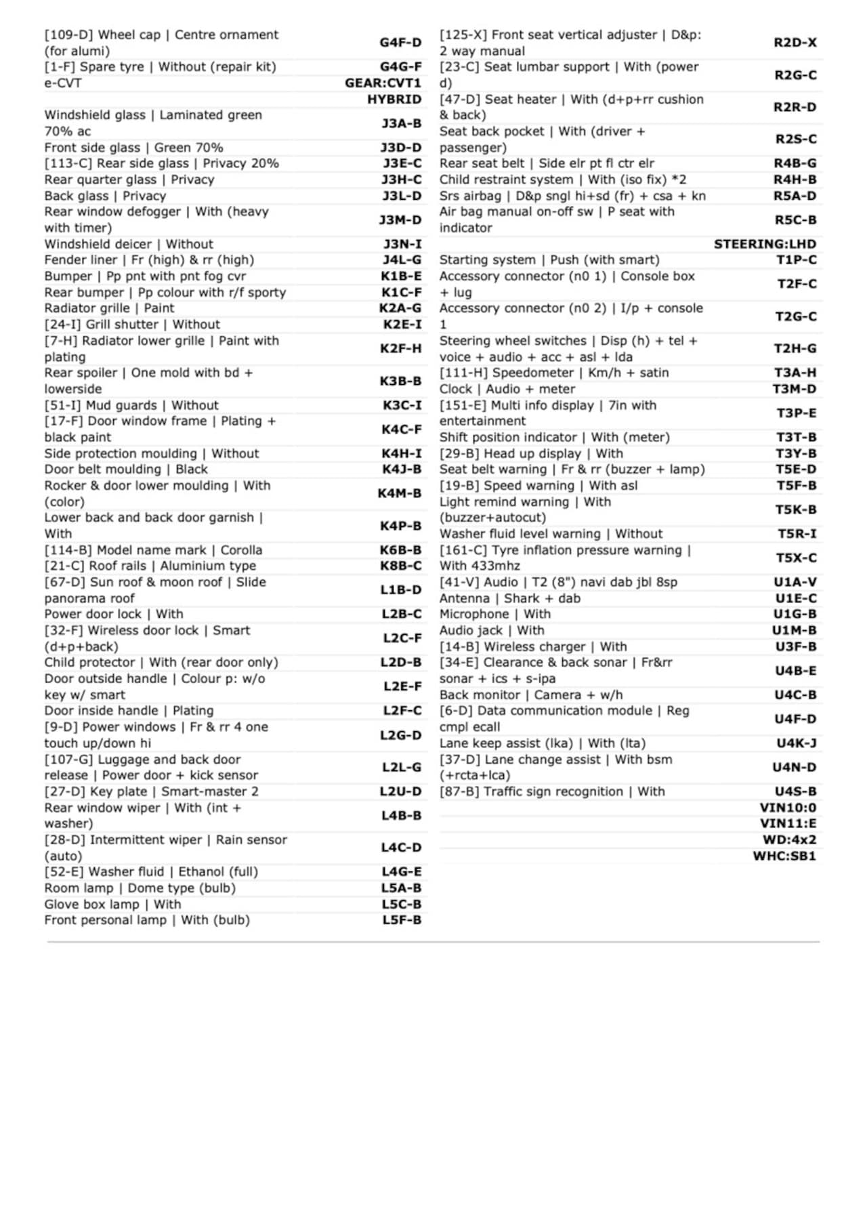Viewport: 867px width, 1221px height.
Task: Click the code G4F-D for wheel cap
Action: (400, 43)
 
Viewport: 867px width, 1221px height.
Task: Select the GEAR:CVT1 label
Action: (383, 83)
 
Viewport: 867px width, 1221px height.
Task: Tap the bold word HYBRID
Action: (394, 100)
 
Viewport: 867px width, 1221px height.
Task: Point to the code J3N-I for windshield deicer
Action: (402, 244)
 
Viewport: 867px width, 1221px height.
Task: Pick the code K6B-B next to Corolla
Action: (400, 550)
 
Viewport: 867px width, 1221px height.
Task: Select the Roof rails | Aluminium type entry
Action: (150, 566)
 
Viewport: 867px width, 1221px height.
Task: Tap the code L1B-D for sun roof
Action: (400, 590)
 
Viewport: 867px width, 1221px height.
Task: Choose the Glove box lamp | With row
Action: (113, 905)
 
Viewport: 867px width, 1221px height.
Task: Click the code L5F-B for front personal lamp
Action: (402, 920)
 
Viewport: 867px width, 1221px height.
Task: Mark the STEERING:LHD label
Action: (765, 244)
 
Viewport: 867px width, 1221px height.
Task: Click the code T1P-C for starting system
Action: (797, 260)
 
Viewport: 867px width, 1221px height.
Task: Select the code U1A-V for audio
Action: (795, 582)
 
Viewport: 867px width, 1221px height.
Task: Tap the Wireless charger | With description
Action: (533, 646)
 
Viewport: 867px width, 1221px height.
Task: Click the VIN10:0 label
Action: (788, 808)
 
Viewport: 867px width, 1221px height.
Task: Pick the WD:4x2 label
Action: (789, 840)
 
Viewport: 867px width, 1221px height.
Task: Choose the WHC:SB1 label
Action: (784, 856)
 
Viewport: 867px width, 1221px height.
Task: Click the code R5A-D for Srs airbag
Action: (795, 196)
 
